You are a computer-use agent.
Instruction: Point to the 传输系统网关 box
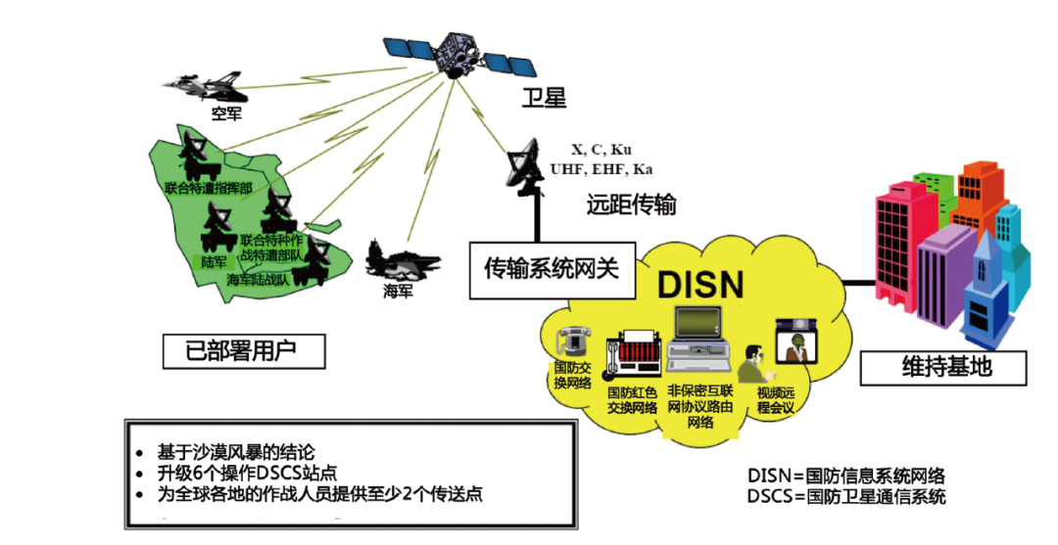552,267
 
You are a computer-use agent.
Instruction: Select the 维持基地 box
945,367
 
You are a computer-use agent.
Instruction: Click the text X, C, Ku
601,150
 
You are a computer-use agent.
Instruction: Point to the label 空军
225,114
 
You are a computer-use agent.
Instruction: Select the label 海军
397,291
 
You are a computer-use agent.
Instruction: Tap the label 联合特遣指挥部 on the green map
209,187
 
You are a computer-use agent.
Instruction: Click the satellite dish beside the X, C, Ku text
530,168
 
